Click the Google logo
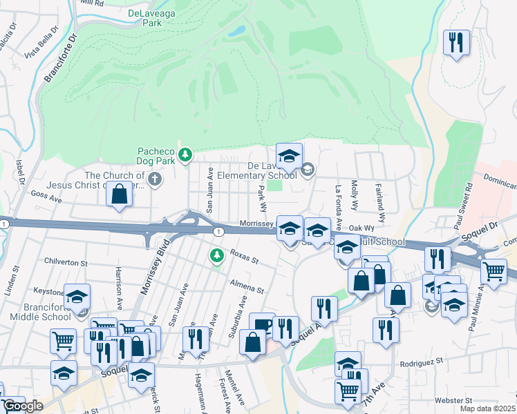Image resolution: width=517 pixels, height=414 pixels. [x=23, y=406]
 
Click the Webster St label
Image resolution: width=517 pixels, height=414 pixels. [x=453, y=400]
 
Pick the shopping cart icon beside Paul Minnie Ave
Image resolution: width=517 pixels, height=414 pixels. [x=493, y=270]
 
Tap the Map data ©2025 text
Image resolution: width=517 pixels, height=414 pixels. [x=489, y=408]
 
